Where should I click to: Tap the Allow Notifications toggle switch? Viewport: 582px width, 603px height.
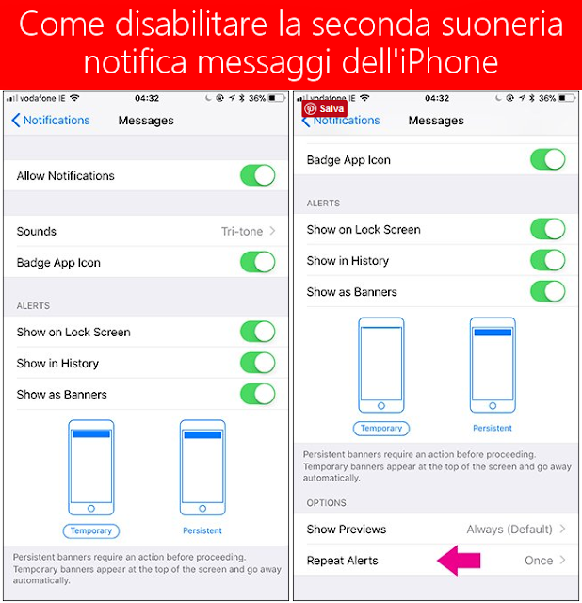[257, 175]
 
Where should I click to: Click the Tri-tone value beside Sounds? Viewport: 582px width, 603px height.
[242, 231]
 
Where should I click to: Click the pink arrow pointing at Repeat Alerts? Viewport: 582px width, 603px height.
[459, 560]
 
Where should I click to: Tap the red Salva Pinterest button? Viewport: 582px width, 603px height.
[325, 108]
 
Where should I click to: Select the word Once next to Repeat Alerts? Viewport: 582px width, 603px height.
[539, 561]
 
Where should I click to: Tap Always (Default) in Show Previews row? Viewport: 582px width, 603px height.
[509, 530]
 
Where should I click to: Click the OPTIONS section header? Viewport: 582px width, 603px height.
[326, 502]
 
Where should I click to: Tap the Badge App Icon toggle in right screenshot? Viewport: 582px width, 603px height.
[548, 159]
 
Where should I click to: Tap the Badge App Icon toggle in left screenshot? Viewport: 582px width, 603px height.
[257, 262]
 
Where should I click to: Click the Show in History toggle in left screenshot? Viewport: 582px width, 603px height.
[257, 363]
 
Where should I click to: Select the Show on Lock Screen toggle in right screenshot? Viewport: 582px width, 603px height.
[548, 229]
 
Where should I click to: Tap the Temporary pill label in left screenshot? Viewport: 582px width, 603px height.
[91, 530]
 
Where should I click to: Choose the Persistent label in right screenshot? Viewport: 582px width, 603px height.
[493, 428]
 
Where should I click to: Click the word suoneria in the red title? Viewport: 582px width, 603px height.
[502, 24]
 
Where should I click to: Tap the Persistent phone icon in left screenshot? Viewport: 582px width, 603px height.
[202, 467]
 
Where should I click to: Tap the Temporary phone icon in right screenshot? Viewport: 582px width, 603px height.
[381, 365]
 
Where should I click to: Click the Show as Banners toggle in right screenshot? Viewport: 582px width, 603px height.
[548, 291]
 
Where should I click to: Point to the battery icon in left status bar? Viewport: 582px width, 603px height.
[277, 98]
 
